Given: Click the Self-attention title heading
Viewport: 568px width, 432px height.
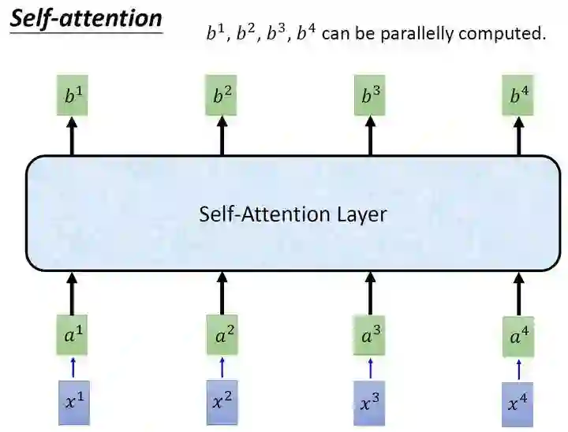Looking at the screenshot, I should [86, 18].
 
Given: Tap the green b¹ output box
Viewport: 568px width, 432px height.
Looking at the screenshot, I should [73, 97].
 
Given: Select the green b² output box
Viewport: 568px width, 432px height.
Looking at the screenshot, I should [222, 97].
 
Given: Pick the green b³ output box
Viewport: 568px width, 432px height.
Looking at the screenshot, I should [371, 97].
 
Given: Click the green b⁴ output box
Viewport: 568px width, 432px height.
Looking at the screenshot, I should [518, 97].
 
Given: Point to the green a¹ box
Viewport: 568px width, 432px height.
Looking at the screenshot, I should [73, 335].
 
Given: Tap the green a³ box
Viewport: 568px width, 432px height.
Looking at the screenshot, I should [371, 335].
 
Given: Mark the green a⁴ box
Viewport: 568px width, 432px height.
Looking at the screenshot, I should [518, 337].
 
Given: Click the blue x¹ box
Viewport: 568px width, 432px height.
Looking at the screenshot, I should [73, 400].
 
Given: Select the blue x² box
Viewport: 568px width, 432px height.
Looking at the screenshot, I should [222, 400].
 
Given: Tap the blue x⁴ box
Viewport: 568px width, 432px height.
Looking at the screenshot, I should [518, 404].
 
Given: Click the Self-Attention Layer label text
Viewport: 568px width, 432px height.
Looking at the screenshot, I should [293, 214].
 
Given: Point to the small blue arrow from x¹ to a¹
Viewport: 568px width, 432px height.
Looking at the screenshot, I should [73, 367].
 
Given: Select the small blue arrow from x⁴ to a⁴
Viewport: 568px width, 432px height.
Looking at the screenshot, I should [518, 368].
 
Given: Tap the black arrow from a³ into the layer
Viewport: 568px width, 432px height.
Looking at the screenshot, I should [371, 294].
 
